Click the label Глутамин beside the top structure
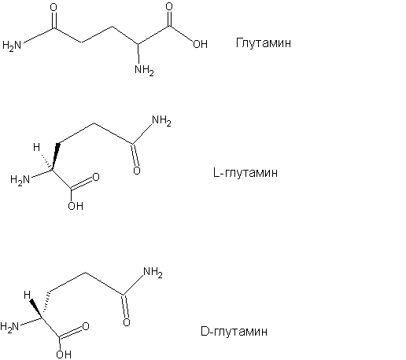(x=264, y=42)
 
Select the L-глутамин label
(x=245, y=173)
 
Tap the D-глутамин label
(x=234, y=331)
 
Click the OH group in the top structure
(x=201, y=44)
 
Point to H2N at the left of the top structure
(x=12, y=45)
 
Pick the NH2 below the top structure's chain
(x=144, y=70)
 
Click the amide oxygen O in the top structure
(x=54, y=8)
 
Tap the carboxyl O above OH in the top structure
(x=169, y=6)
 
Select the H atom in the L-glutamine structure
(x=36, y=147)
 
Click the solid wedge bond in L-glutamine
(x=55, y=156)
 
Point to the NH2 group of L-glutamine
(x=161, y=121)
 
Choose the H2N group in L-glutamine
(x=20, y=180)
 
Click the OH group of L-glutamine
(x=76, y=206)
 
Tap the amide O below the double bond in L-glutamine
(x=137, y=171)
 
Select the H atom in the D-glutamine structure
(x=27, y=295)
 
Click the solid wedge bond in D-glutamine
(x=35, y=309)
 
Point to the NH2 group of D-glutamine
(x=153, y=272)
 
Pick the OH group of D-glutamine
(x=64, y=354)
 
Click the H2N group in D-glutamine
(x=9, y=327)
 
